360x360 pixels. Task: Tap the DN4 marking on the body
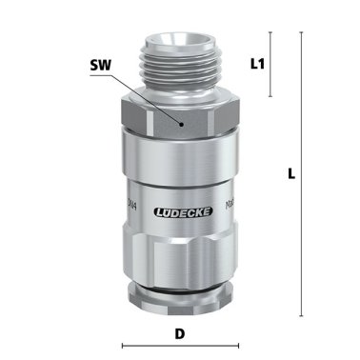point(130,202)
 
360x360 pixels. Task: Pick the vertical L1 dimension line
point(271,64)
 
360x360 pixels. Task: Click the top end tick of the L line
point(302,31)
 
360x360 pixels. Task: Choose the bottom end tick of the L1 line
point(271,96)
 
